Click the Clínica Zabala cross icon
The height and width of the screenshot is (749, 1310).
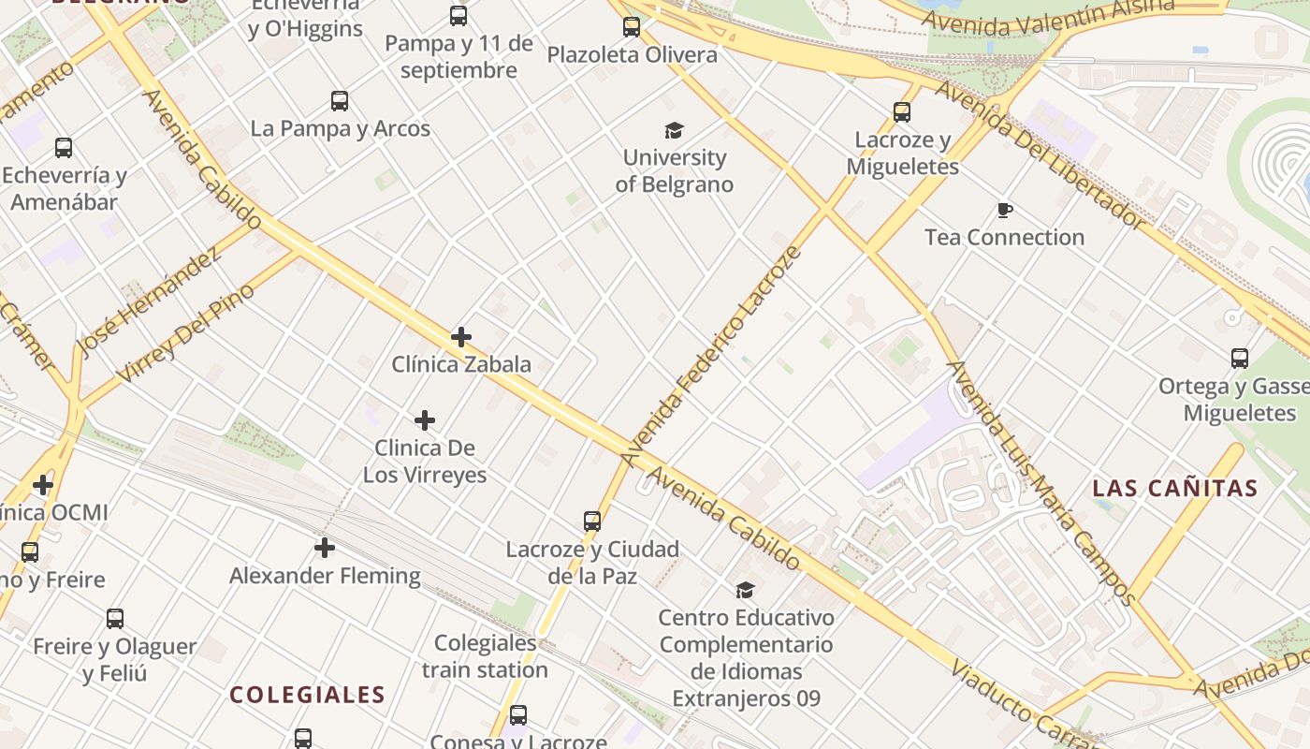[460, 337]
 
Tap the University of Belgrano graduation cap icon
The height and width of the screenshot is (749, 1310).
[674, 130]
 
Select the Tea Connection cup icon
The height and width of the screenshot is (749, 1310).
[1005, 210]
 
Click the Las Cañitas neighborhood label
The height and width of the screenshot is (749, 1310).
[1175, 488]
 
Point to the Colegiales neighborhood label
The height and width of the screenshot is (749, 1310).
[307, 695]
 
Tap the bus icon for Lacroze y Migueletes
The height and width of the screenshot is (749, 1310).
[902, 112]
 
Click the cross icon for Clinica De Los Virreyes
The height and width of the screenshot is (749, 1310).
[425, 420]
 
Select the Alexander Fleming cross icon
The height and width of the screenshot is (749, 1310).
[325, 547]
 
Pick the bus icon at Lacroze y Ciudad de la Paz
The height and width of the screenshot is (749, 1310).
[592, 521]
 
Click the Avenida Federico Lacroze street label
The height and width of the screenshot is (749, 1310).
[713, 357]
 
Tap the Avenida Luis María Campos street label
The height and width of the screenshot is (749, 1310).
[1041, 482]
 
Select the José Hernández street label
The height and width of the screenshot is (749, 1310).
[150, 301]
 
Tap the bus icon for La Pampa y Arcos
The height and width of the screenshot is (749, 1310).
[340, 101]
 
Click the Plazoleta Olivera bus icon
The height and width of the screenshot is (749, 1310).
[632, 27]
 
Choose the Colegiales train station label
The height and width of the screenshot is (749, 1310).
[485, 656]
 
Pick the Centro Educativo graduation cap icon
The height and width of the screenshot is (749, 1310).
[745, 590]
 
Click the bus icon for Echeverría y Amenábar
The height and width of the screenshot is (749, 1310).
[64, 148]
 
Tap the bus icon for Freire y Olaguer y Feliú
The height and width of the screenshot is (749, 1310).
[115, 619]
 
